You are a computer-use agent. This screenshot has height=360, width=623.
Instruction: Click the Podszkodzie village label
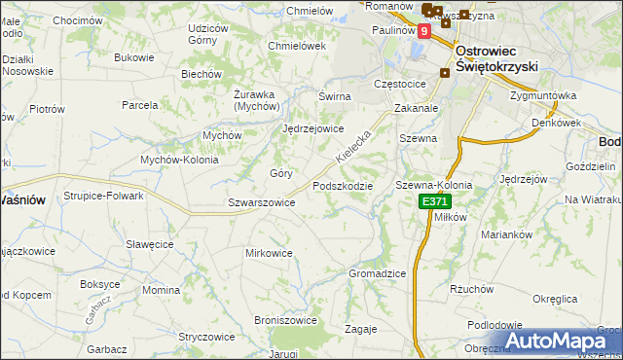pos(342,186)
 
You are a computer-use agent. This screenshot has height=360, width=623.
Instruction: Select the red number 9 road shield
pos(423,31)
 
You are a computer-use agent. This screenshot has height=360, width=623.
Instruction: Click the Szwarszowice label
pos(261,202)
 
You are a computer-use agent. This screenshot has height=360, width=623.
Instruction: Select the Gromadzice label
pos(377,273)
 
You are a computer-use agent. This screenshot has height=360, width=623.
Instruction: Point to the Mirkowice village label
pos(269,253)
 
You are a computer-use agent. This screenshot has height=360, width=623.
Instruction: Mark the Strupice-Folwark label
pos(104,196)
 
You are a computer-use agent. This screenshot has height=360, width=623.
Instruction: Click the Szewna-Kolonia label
pos(433,185)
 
